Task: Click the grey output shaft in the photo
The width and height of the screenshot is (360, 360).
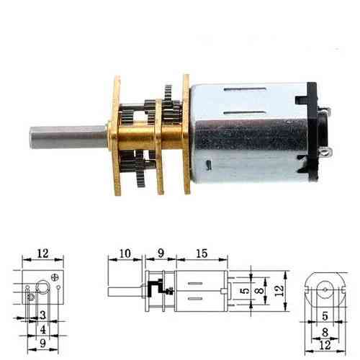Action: pos(68,138)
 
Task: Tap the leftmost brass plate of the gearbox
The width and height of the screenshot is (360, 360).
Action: pos(117,135)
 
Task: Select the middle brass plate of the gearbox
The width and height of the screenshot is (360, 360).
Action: pos(158,146)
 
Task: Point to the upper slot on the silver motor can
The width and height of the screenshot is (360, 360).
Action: pos(245,90)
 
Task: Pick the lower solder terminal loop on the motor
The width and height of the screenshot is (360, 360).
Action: pos(326,151)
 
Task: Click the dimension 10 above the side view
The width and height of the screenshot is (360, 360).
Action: pos(125,253)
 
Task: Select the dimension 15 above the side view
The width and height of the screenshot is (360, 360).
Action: pos(202,253)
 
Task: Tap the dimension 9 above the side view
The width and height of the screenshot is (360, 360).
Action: pos(161,253)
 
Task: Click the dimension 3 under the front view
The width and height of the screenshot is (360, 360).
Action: pos(43,315)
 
